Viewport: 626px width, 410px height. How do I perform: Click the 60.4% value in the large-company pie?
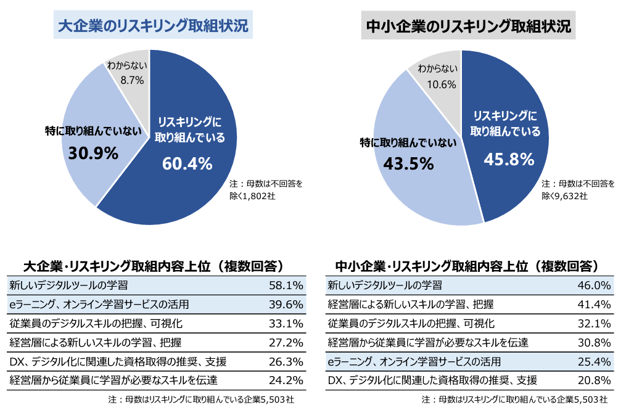pos(187,164)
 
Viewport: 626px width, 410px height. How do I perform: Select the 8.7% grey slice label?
pos(132,80)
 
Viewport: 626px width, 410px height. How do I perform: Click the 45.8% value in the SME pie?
pos(508,160)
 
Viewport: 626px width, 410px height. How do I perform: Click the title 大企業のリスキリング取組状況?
pos(153,27)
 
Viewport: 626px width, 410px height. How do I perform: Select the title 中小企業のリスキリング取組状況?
pos(468,27)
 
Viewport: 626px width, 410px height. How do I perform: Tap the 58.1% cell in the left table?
pos(286,285)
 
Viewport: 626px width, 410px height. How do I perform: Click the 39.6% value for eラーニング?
pos(286,305)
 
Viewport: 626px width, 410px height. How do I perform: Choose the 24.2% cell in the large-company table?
pos(286,379)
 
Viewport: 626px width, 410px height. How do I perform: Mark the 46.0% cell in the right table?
pos(593,285)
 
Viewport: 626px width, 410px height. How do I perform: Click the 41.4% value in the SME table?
pos(593,305)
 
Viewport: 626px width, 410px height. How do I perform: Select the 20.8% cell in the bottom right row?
pos(593,379)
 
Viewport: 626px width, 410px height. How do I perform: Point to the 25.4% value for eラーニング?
pos(593,361)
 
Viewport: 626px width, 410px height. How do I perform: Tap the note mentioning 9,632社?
pos(577,189)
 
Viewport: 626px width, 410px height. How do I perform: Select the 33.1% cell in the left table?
pos(286,323)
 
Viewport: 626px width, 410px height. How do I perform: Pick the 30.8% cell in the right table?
pos(593,342)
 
